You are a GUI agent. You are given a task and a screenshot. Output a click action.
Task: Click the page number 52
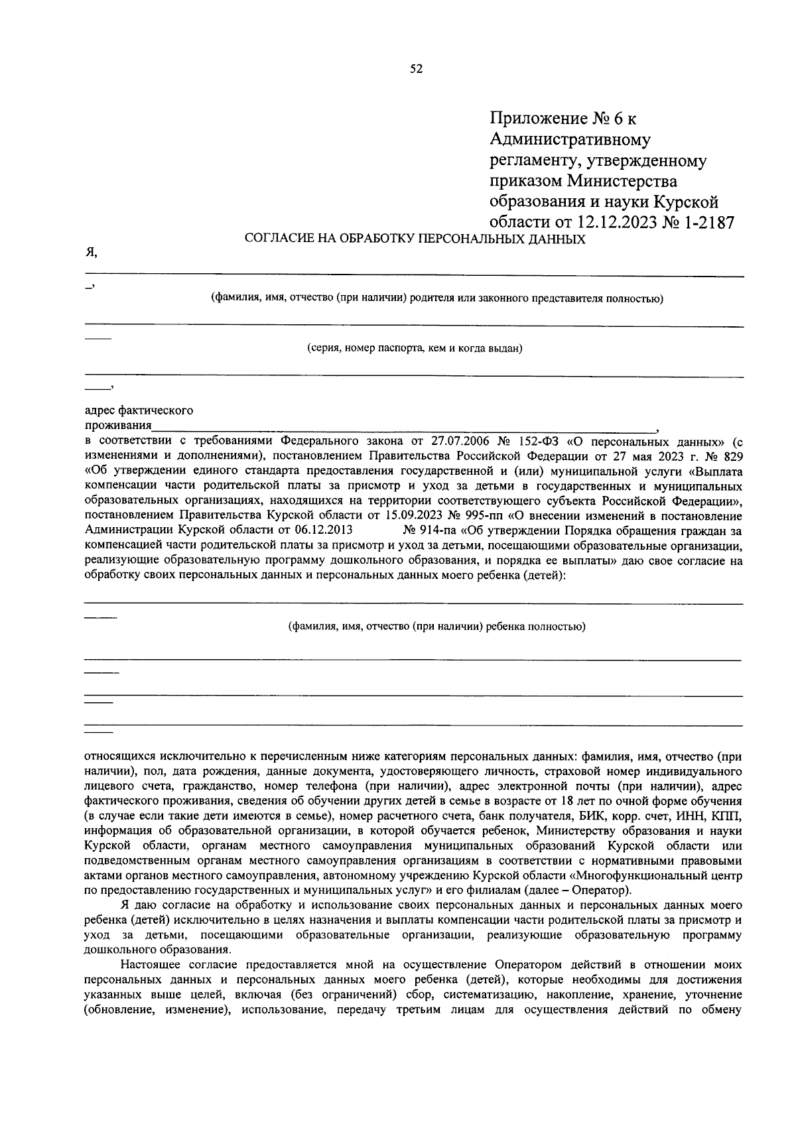pos(417,68)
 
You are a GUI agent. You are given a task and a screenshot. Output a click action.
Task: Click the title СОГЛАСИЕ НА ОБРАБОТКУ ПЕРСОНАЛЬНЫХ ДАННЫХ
pos(415,239)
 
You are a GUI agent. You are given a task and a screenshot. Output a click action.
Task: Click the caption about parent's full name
pos(437,298)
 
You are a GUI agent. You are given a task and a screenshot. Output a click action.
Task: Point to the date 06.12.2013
pos(324,530)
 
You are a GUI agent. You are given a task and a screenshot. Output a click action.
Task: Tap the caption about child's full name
pos(436,627)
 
